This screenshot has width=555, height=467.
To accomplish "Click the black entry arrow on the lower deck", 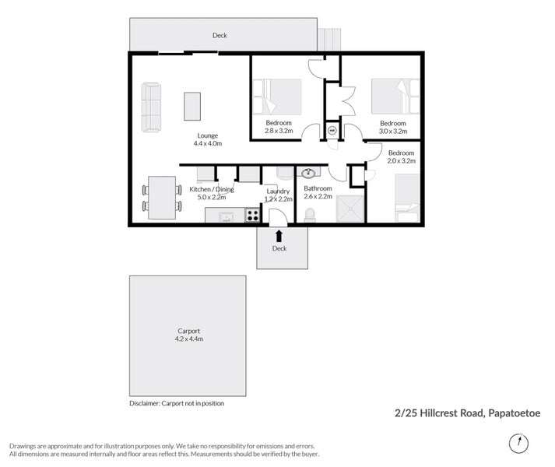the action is click(279, 236).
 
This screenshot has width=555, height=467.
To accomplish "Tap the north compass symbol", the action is click(518, 443).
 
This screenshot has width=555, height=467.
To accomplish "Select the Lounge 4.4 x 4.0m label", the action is click(208, 139).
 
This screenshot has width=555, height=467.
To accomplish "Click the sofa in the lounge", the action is click(151, 107).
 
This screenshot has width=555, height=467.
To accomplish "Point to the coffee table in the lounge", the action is click(192, 106).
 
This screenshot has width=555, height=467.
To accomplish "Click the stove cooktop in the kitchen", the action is click(253, 216).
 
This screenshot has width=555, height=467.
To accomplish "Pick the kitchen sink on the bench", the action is click(226, 216).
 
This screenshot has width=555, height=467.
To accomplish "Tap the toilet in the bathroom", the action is click(310, 215).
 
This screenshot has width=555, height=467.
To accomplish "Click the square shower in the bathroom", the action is click(350, 209).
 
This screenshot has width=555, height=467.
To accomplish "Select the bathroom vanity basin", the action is click(309, 173).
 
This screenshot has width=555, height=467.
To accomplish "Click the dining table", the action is click(162, 198).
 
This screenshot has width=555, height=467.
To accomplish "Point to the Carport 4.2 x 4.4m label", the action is click(189, 335).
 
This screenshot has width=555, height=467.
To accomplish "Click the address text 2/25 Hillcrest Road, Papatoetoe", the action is click(468, 413).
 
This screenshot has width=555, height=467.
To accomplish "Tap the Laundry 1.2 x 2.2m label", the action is click(279, 195).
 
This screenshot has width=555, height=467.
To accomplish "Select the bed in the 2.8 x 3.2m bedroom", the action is click(277, 97).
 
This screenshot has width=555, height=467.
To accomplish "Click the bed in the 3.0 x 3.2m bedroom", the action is click(395, 97).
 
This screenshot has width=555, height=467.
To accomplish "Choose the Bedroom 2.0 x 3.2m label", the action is click(402, 157).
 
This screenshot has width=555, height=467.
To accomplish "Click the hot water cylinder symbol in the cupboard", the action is click(332, 131).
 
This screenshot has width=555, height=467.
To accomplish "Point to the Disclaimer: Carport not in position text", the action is click(177, 403).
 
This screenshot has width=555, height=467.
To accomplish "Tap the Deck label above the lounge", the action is click(220, 35).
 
